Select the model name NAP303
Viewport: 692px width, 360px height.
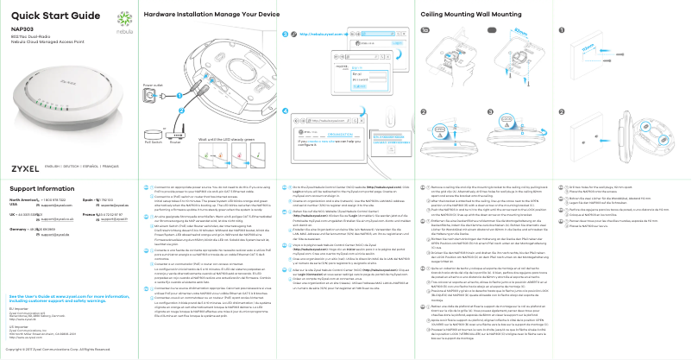pyautogui.click(x=22, y=29)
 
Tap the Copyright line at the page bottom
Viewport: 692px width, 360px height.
pyautogui.click(x=66, y=350)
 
